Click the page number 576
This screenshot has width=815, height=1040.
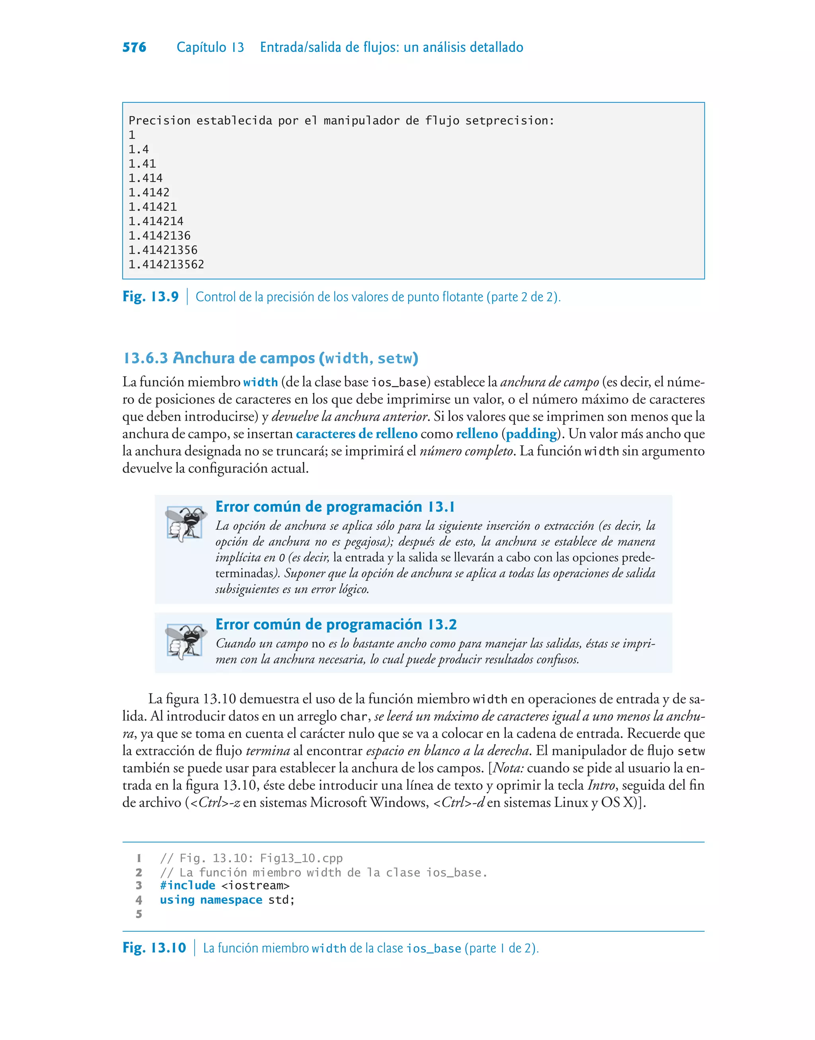[x=134, y=47]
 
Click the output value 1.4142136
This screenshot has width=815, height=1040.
[x=159, y=236]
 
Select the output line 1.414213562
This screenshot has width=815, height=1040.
[x=166, y=264]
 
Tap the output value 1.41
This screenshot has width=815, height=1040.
[x=142, y=164]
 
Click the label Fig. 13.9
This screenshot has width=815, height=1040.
[x=150, y=297]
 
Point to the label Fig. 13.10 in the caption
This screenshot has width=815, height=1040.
[x=154, y=948]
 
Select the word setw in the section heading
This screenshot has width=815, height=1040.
[x=395, y=358]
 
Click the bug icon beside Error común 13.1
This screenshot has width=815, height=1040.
[x=185, y=524]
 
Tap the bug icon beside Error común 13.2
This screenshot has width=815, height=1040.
[x=185, y=641]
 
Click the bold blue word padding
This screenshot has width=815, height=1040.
[x=531, y=434]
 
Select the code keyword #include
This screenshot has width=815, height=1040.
[x=187, y=886]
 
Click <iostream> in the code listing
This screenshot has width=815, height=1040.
[x=255, y=886]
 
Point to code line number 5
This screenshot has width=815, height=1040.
[x=139, y=915]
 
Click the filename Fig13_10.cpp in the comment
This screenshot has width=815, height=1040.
[x=301, y=858]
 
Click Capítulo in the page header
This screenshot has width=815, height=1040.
[x=201, y=47]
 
